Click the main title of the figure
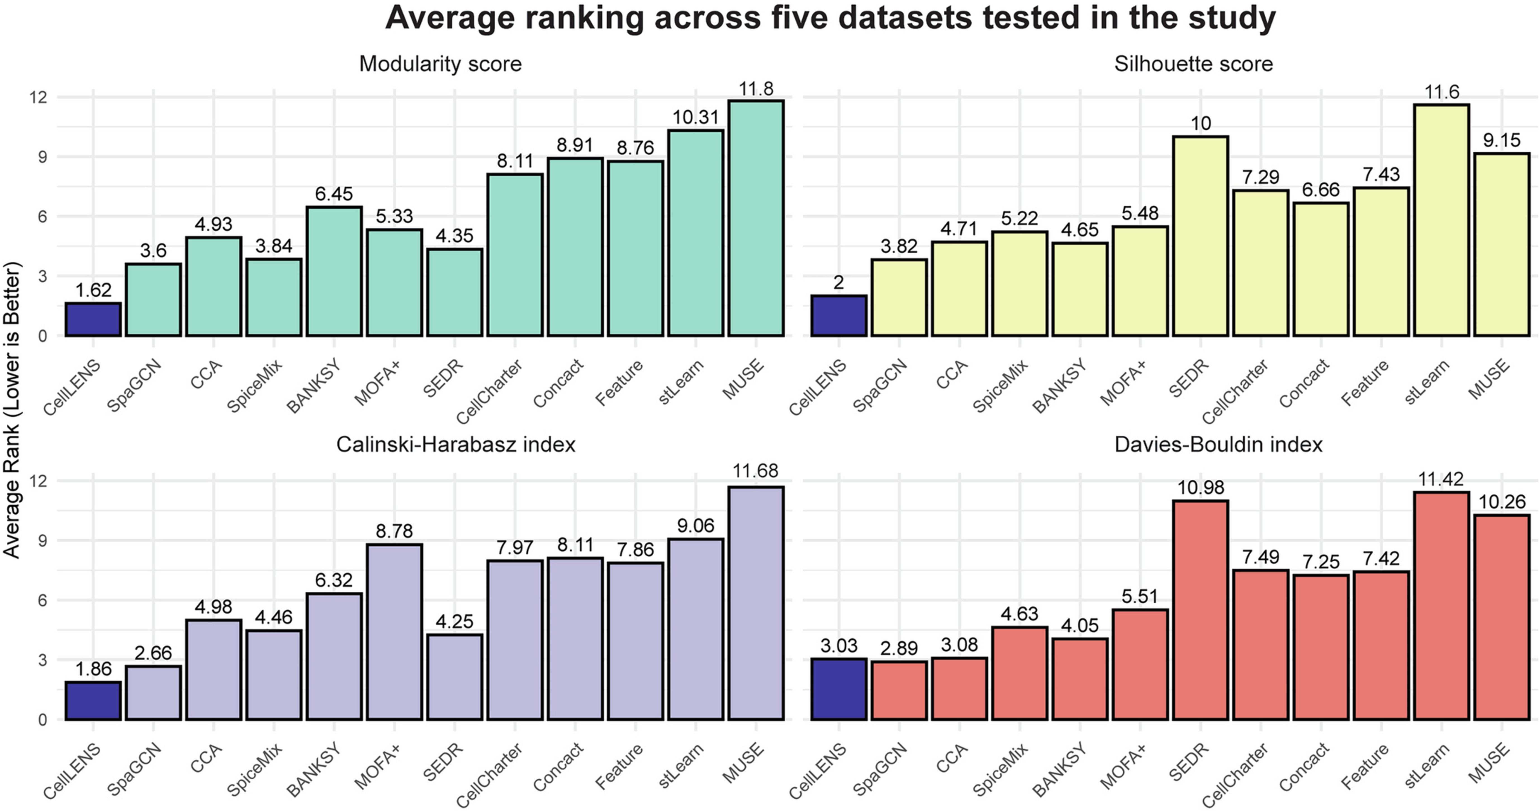click(831, 18)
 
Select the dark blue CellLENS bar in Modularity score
click(93, 320)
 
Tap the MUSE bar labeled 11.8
click(756, 218)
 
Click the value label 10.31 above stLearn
click(695, 117)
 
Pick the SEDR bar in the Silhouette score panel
click(1200, 236)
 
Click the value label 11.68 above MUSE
click(756, 471)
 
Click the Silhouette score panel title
click(1193, 64)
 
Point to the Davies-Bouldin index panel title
click(1218, 445)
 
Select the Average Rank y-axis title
click(12, 409)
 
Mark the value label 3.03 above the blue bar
click(839, 646)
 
